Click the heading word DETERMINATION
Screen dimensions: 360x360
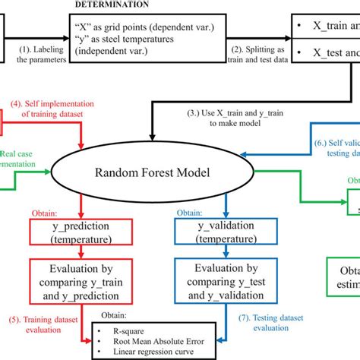(109, 4)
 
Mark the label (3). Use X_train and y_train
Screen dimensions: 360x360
(228, 119)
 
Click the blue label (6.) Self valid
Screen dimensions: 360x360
(333, 147)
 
